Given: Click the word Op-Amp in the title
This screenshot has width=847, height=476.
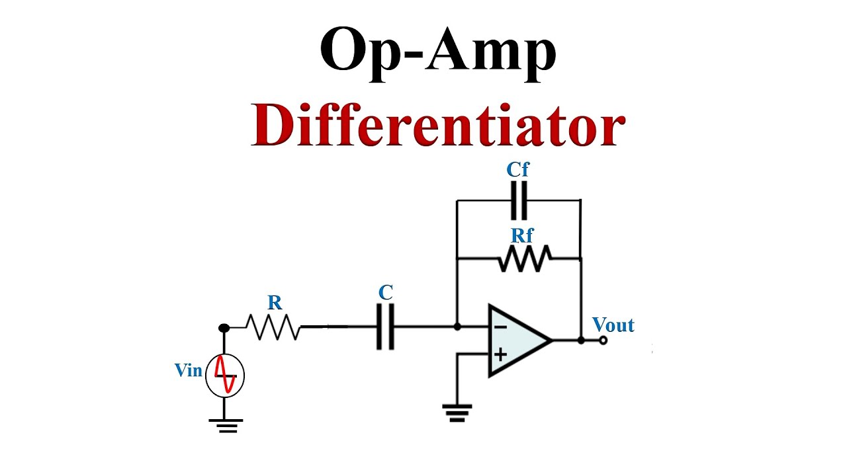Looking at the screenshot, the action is click(x=438, y=54).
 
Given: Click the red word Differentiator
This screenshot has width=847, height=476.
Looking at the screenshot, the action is click(x=438, y=125).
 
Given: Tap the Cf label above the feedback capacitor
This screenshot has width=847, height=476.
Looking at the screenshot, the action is click(x=517, y=170).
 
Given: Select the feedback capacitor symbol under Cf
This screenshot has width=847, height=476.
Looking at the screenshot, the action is click(x=519, y=200).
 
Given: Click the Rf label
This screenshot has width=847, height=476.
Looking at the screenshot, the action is click(x=522, y=236).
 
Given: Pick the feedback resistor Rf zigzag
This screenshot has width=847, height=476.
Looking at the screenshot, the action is click(x=525, y=258).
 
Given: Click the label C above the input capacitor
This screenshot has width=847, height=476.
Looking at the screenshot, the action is click(x=386, y=292).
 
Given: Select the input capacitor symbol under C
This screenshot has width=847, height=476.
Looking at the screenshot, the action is click(x=385, y=327).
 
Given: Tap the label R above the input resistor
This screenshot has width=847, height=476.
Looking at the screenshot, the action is click(x=275, y=303).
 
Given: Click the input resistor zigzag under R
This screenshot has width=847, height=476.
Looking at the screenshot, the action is click(x=273, y=327).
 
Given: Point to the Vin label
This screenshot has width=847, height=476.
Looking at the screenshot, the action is click(x=189, y=370).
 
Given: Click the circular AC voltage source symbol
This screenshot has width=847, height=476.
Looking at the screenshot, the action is click(x=225, y=376).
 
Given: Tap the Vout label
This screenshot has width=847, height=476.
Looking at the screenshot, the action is click(x=613, y=325).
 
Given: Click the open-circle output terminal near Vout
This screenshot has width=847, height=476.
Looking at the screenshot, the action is click(x=603, y=340).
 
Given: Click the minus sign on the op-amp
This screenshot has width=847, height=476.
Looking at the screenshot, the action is click(x=500, y=327).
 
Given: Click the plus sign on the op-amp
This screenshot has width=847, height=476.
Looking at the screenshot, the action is click(x=500, y=355).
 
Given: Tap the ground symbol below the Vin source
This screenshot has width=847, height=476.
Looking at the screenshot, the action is click(x=226, y=426).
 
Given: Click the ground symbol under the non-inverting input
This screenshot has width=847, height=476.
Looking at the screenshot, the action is click(x=457, y=413).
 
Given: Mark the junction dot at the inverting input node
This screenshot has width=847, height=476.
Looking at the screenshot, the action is click(x=457, y=327).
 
